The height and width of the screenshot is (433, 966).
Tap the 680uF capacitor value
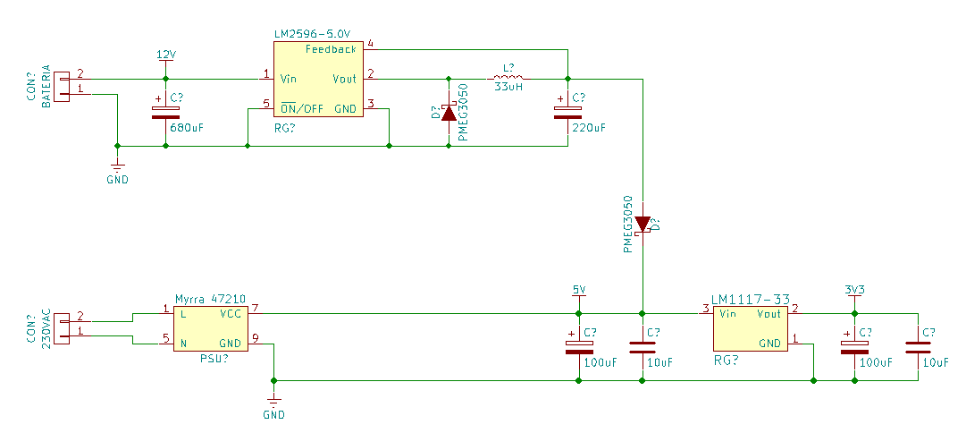(x=187, y=128)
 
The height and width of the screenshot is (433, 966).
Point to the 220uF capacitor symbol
(x=568, y=112)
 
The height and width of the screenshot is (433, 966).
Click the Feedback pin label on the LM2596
(x=331, y=48)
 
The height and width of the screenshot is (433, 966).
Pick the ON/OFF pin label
(x=302, y=109)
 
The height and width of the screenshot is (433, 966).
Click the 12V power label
(x=165, y=55)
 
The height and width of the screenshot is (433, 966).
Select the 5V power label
(x=579, y=289)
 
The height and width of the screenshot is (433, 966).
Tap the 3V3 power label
(x=854, y=289)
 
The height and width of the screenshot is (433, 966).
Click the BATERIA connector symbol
(x=62, y=87)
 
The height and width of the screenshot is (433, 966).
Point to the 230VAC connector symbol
(x=62, y=328)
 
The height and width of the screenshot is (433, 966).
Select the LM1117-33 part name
(x=751, y=299)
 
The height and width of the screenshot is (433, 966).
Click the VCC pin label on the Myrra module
(x=231, y=313)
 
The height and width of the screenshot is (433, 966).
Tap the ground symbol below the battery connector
(x=118, y=166)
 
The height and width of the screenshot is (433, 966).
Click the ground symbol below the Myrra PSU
(x=274, y=400)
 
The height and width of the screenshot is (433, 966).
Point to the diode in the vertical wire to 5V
(x=643, y=225)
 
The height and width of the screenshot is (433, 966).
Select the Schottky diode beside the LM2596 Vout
(x=449, y=112)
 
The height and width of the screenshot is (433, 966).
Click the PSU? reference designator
(x=214, y=359)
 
